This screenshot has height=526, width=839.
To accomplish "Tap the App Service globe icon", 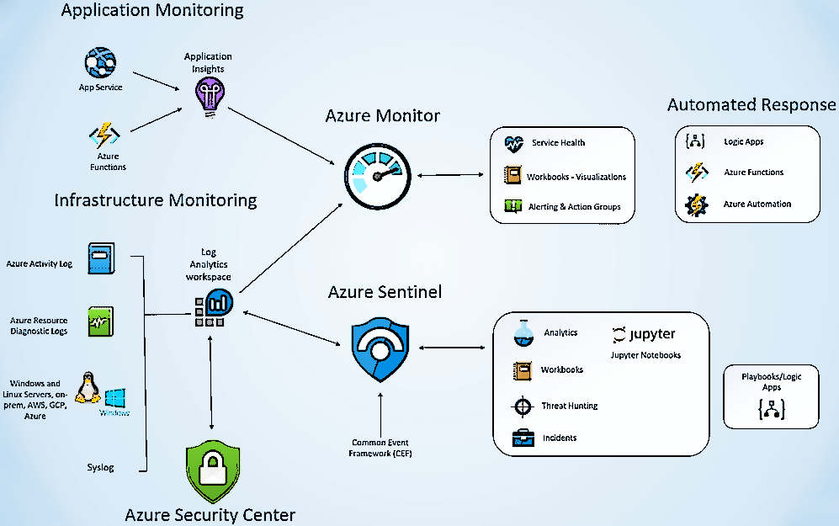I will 100,63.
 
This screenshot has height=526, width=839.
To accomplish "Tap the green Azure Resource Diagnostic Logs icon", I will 101,321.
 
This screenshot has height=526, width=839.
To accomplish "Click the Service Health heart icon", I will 513,143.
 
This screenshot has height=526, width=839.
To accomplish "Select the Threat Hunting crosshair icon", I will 523,406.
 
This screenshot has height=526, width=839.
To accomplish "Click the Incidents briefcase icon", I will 523,438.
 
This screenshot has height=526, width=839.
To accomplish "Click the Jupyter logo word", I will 645,334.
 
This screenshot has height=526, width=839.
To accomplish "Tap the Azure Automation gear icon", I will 697,205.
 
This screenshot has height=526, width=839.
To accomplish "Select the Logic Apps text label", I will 743,142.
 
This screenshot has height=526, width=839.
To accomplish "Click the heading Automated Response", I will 751,105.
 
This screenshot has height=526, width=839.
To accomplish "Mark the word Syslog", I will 100,467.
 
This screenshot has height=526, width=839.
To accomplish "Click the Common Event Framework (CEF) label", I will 381,448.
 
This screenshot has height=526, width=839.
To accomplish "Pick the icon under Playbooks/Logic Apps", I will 771,410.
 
